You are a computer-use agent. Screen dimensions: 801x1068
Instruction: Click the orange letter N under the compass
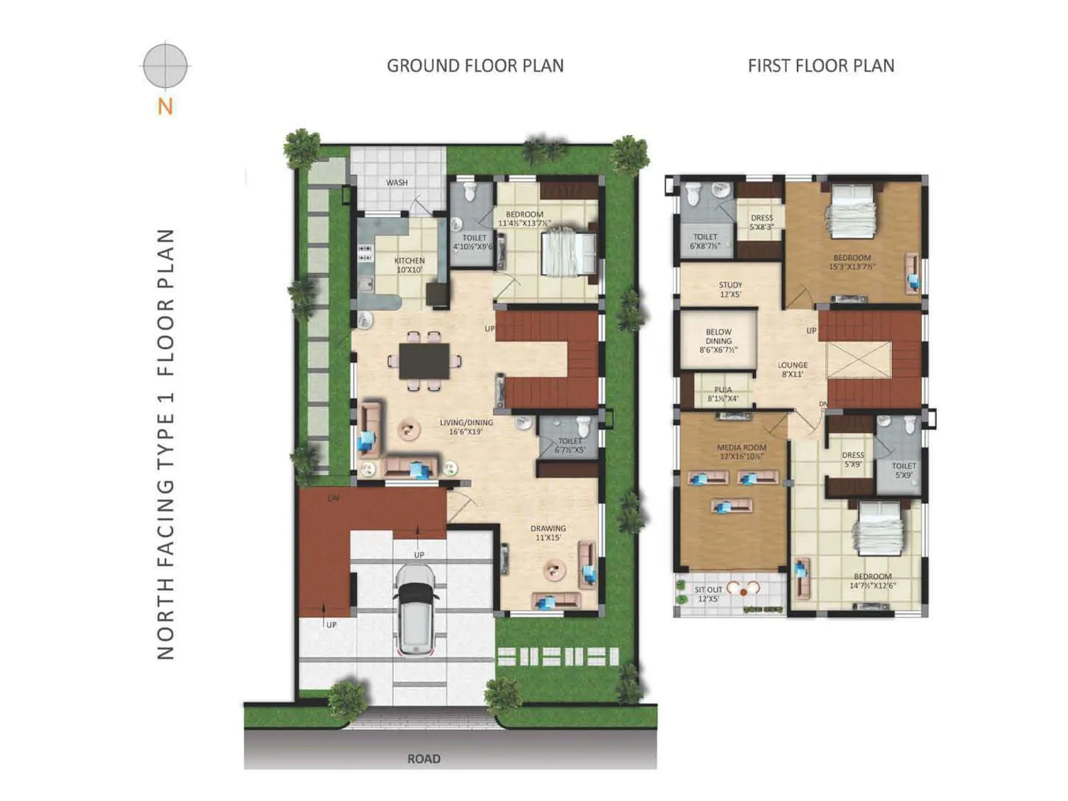[x=165, y=106]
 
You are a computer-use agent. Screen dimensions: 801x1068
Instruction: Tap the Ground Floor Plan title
[x=475, y=65]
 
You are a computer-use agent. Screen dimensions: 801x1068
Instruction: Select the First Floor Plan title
[x=821, y=65]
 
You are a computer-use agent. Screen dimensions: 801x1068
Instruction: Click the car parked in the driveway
[x=415, y=609]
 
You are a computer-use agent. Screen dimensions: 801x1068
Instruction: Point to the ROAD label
[x=424, y=758]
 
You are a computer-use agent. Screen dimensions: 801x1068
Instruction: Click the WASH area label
[x=396, y=182]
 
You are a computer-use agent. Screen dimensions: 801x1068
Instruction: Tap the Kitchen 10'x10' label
[x=409, y=265]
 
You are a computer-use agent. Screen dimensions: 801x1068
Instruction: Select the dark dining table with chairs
[x=425, y=361]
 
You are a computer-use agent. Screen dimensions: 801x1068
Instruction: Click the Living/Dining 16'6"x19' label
[x=466, y=427]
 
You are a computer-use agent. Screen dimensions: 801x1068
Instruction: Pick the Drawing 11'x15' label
[x=548, y=533]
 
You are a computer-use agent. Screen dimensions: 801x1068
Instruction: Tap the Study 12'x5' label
[x=730, y=289]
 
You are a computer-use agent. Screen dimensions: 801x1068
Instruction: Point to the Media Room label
[x=742, y=452]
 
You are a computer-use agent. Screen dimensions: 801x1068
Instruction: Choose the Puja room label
[x=723, y=394]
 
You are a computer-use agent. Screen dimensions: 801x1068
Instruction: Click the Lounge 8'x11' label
[x=792, y=369]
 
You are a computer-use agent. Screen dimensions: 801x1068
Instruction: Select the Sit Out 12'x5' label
[x=708, y=594]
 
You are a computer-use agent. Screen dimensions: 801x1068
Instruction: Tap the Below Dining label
[x=718, y=340]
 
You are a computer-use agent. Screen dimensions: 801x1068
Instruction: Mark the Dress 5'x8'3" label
[x=762, y=222]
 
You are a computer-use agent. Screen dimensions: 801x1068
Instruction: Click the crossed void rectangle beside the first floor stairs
[x=858, y=360]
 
